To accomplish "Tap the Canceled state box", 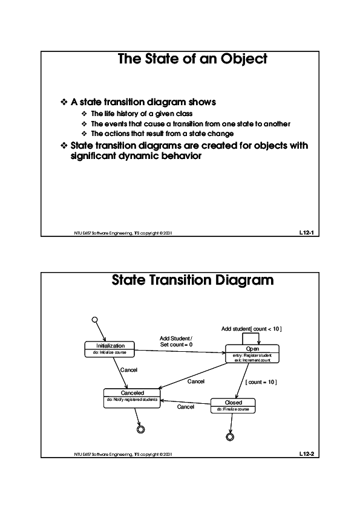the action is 132,397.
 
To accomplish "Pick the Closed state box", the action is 233,405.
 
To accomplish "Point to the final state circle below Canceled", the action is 141,429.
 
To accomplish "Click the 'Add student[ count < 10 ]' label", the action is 252,328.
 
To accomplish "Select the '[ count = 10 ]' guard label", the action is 261,382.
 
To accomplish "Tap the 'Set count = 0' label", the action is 176,345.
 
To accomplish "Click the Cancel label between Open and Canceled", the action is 195,381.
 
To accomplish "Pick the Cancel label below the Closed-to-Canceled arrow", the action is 185,407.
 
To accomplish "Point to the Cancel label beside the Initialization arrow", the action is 129,369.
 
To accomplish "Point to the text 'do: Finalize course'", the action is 233,409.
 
